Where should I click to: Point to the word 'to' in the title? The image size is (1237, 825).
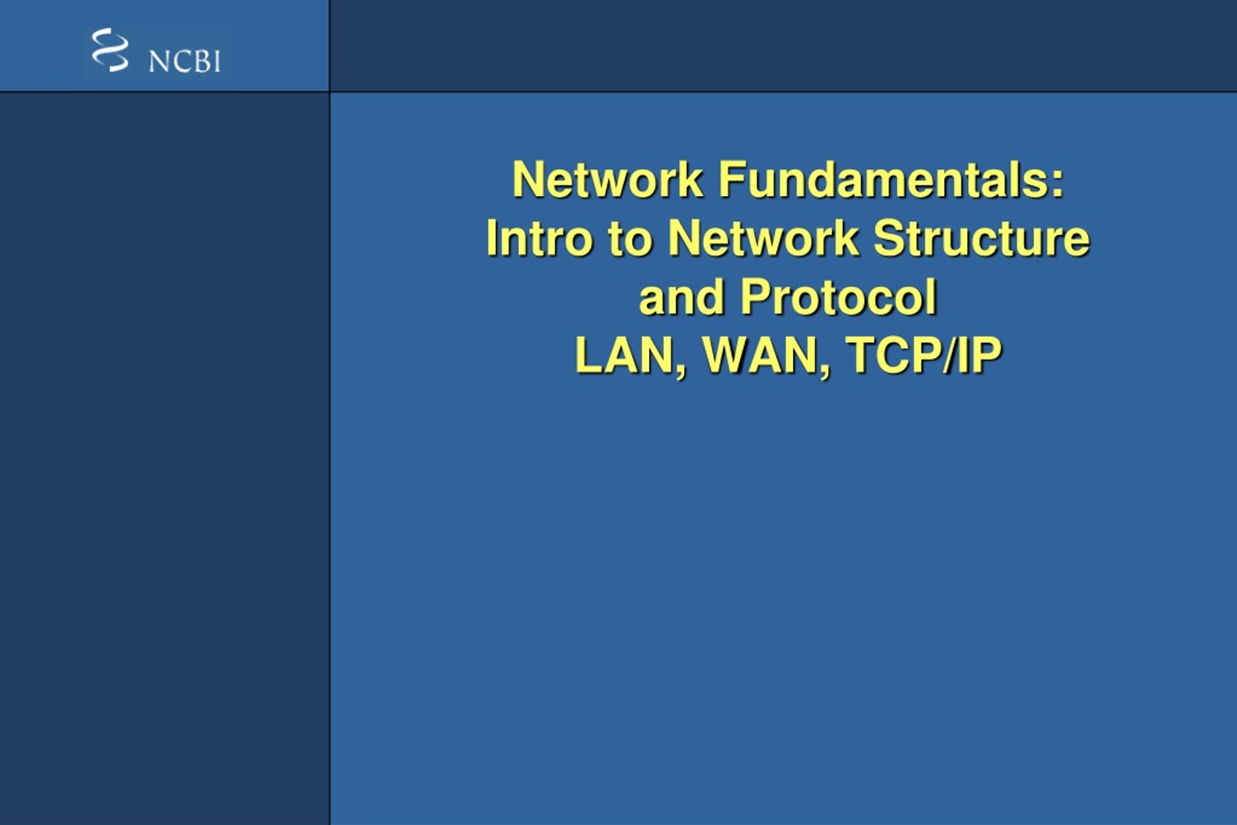(630, 239)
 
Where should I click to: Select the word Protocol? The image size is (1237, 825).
(838, 298)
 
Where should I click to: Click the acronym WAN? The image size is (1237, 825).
(760, 356)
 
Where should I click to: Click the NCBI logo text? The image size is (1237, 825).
(184, 61)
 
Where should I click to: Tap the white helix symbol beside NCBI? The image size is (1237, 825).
(110, 50)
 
